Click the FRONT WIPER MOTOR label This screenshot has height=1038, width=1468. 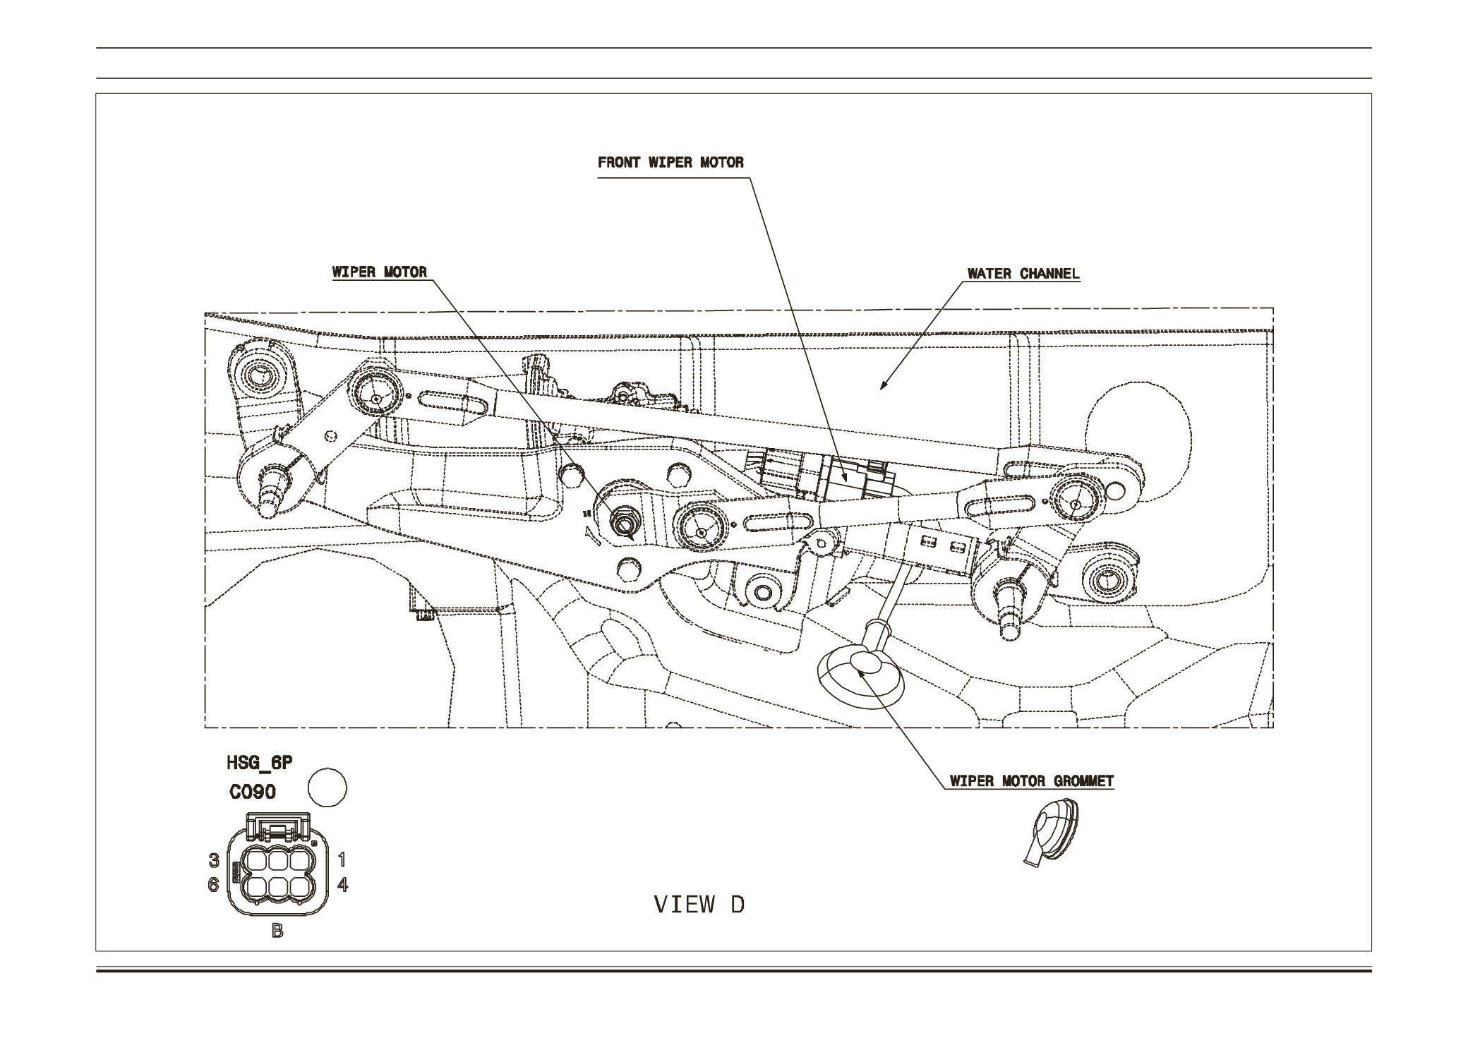point(670,162)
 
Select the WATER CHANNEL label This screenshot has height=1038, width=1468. point(1023,274)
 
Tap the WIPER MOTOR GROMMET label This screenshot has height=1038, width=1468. point(1031,781)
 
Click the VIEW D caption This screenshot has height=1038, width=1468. point(699,905)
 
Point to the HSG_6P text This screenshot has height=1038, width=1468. point(259,764)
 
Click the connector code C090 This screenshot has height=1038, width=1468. point(253,792)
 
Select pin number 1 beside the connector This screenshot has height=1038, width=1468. point(342,859)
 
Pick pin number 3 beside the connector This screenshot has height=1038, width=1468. point(213,860)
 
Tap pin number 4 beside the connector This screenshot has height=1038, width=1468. point(342,884)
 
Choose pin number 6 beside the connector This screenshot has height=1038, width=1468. point(213,885)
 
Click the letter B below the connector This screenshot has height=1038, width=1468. point(277,931)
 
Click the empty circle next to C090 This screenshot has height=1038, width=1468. point(328,787)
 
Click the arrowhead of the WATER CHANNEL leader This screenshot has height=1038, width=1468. point(882,386)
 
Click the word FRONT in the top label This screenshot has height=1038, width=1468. point(619,162)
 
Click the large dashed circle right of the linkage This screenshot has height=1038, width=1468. point(1138,432)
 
